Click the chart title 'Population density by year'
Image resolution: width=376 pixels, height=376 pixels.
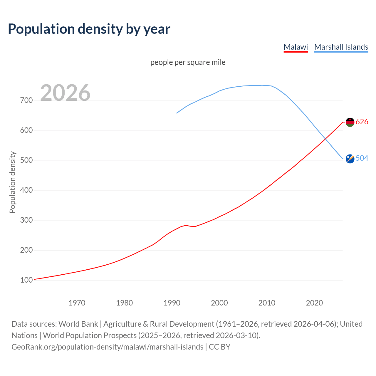click(x=89, y=29)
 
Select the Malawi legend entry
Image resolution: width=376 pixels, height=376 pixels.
click(x=296, y=47)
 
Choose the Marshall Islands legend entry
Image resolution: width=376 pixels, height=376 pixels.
click(x=341, y=47)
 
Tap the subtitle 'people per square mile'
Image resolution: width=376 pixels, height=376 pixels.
click(x=188, y=62)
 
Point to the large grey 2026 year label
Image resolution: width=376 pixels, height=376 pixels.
click(x=65, y=93)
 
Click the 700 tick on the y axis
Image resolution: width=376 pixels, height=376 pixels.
click(x=26, y=100)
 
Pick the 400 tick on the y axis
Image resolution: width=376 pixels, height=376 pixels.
click(x=26, y=190)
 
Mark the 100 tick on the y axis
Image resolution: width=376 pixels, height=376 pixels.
click(x=26, y=280)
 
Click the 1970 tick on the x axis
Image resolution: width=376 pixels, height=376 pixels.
click(x=77, y=303)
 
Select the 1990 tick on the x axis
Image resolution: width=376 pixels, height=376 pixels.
click(x=172, y=303)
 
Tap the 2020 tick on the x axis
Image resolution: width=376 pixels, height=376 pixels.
click(x=314, y=303)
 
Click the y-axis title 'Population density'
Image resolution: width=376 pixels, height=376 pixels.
click(x=12, y=182)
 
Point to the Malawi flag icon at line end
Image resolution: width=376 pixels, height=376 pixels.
click(x=350, y=122)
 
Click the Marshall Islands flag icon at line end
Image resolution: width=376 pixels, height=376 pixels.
click(x=350, y=159)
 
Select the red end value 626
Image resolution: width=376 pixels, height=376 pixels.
click(x=362, y=122)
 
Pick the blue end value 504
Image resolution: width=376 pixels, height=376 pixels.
click(x=362, y=158)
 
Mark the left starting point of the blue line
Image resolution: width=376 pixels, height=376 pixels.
click(x=177, y=113)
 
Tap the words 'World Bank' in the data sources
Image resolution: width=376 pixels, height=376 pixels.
click(x=78, y=324)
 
